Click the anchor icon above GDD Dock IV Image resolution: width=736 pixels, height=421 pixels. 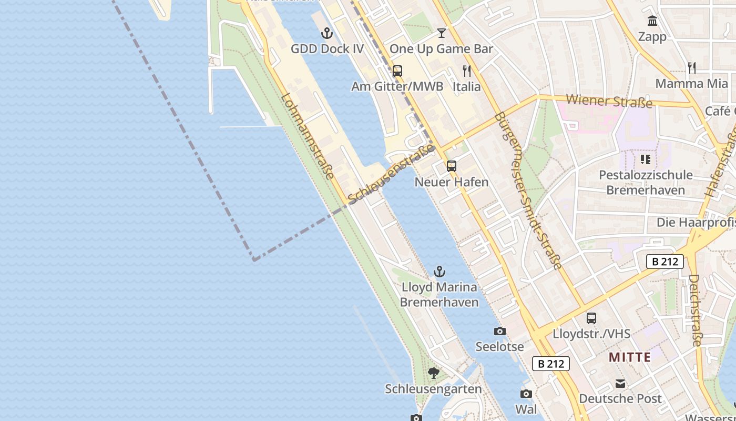click(x=327, y=34)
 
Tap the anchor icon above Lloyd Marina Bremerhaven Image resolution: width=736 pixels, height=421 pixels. click(x=439, y=272)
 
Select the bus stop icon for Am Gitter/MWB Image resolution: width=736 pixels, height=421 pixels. click(x=397, y=71)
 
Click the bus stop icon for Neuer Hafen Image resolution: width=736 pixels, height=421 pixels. click(x=451, y=166)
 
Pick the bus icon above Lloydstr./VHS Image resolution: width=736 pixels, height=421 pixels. click(x=591, y=318)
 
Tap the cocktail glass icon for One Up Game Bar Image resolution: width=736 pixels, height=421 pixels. click(x=441, y=33)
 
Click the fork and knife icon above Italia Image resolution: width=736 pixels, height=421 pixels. click(x=466, y=71)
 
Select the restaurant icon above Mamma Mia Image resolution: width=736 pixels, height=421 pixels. click(x=692, y=67)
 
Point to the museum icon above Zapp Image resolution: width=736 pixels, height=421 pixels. click(x=652, y=21)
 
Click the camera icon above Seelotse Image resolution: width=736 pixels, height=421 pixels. click(x=499, y=331)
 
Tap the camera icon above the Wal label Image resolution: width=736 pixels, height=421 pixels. click(x=526, y=394)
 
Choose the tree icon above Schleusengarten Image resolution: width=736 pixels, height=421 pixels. click(x=433, y=373)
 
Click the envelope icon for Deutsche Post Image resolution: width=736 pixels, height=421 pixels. click(x=620, y=383)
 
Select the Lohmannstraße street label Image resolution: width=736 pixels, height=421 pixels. click(x=308, y=136)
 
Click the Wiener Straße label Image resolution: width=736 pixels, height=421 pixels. click(x=609, y=101)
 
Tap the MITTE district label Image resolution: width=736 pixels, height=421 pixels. click(x=630, y=357)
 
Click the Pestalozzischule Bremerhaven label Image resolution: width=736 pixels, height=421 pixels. click(x=646, y=182)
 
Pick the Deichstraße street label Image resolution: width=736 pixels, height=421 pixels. click(x=695, y=310)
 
